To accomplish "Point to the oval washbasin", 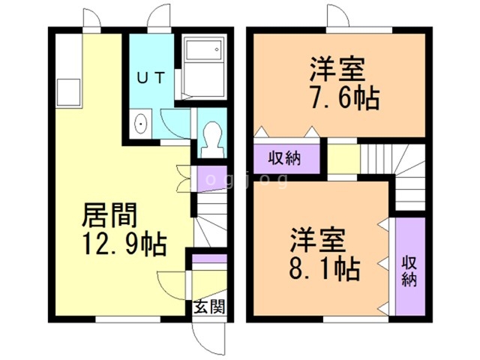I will tap(140, 124).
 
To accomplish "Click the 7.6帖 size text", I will tap(342, 98).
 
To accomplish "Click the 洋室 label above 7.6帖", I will tap(338, 71).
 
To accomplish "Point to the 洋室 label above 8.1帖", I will tap(319, 239).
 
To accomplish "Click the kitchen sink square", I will tap(67, 91).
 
